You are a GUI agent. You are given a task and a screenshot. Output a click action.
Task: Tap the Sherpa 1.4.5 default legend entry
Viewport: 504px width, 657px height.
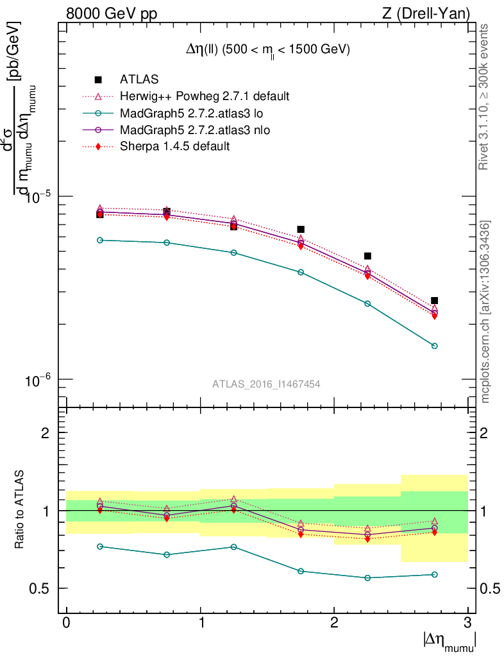click(x=174, y=147)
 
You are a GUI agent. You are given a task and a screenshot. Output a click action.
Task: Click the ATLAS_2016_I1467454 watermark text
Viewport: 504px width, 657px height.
click(x=266, y=384)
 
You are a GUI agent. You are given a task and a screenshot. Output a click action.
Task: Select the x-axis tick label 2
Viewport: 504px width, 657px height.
click(x=334, y=623)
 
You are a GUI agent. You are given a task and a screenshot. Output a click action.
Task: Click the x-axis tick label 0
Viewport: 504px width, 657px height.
click(x=67, y=623)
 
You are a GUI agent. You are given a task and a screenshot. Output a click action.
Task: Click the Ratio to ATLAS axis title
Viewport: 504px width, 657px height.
click(x=20, y=510)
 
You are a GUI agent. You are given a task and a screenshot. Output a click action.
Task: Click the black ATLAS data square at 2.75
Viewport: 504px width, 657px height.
click(x=434, y=300)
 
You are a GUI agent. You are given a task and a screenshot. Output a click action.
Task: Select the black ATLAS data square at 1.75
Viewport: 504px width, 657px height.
click(x=301, y=229)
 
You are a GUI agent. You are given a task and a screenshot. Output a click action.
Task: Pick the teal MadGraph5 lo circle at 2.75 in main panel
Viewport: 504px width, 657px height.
click(x=434, y=346)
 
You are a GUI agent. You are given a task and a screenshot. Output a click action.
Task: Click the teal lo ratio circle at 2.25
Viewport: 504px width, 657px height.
click(x=367, y=577)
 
